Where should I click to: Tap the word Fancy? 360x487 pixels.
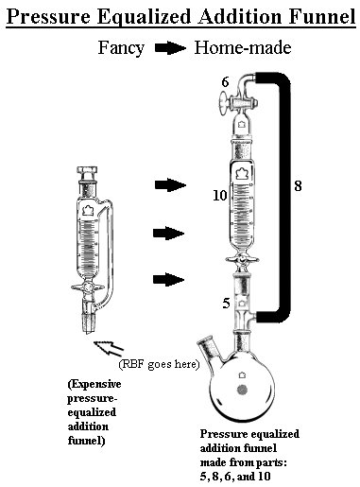121,49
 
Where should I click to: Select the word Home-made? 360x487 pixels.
243,48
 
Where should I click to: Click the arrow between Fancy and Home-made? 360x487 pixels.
170,48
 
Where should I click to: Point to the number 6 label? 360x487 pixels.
225,82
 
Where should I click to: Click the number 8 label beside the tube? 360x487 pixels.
298,186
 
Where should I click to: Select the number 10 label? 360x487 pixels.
219,196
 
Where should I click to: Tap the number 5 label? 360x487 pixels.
226,304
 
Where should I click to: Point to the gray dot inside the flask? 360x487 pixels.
242,391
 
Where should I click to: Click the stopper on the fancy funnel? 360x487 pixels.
88,174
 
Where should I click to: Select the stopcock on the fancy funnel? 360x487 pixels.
88,287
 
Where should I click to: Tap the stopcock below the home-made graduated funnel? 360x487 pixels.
242,260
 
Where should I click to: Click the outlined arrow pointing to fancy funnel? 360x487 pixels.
109,348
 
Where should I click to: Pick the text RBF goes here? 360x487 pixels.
159,364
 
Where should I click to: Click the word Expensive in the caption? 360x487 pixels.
94,384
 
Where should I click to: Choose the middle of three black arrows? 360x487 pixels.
168,234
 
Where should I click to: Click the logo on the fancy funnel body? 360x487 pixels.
88,211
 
